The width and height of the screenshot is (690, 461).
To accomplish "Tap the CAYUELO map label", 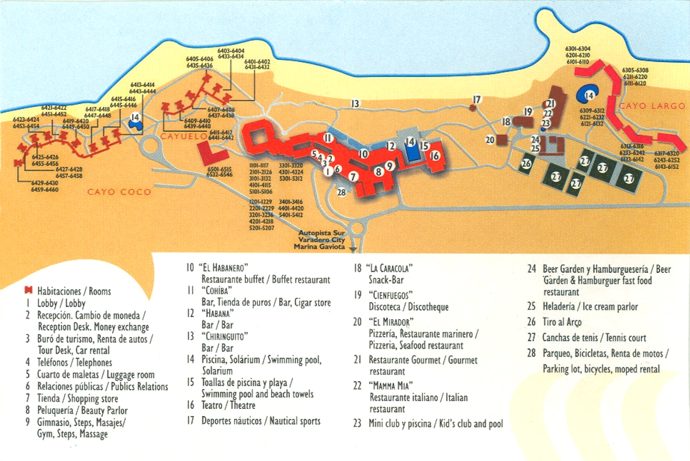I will point(183,137).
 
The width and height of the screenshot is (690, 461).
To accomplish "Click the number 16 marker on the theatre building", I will point(435,156).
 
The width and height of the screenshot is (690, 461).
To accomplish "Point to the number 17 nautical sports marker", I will point(476,100).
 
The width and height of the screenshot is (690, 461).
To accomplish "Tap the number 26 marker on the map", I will point(526,164).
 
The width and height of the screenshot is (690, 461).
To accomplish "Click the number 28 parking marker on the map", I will point(342,192).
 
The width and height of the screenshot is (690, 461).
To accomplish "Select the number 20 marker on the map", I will point(490,140).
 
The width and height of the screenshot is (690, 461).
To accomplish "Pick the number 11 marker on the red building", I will point(328,138).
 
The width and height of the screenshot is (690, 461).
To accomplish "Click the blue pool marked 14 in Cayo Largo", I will point(588,95).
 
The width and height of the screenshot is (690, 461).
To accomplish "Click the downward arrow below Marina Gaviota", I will point(353,249).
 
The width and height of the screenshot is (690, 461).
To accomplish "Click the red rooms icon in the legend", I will point(27,291).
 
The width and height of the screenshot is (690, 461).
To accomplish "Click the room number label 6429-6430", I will point(44,183).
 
